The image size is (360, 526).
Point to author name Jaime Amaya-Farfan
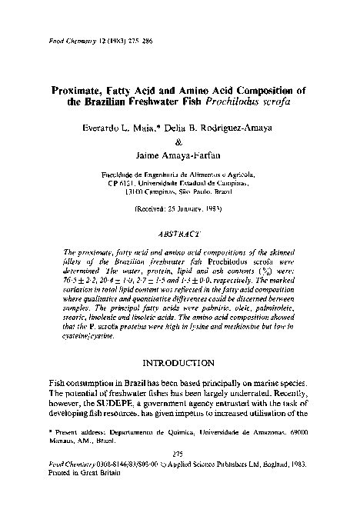[x=178, y=155]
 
